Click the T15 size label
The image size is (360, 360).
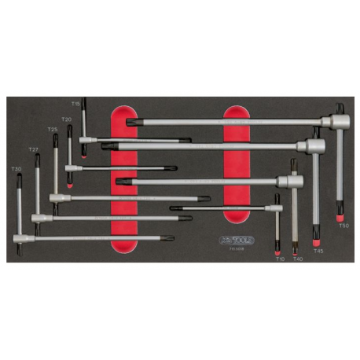tap(75, 103)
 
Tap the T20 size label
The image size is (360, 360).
tap(67, 119)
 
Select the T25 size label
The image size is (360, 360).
tap(52, 130)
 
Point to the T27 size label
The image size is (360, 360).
tap(33, 149)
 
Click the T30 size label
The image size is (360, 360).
tap(16, 168)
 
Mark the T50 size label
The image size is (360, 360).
tap(343, 226)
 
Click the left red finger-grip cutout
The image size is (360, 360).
tap(127, 179)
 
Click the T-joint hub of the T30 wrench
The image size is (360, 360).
tap(20, 237)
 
